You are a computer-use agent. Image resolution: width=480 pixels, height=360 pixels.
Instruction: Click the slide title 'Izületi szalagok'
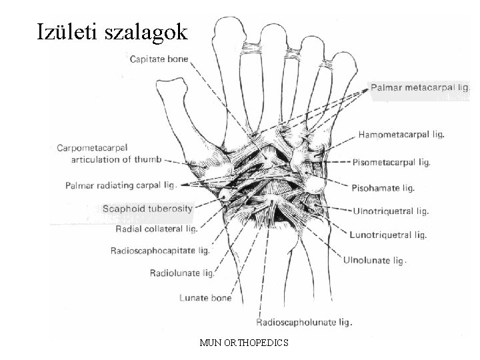pyautogui.click(x=113, y=31)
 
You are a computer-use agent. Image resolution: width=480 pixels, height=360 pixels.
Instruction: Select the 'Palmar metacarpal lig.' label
pyautogui.click(x=420, y=87)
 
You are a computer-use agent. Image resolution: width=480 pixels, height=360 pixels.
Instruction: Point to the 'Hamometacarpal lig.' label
pyautogui.click(x=402, y=134)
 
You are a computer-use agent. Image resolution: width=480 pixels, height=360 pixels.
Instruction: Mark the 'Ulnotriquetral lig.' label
pyautogui.click(x=391, y=211)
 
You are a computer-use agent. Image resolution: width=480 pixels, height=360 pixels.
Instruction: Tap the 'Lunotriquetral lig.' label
pyautogui.click(x=388, y=235)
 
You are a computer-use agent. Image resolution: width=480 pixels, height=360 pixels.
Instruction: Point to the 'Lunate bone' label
pyautogui.click(x=205, y=298)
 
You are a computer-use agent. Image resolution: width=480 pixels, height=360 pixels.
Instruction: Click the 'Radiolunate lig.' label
pyautogui.click(x=183, y=273)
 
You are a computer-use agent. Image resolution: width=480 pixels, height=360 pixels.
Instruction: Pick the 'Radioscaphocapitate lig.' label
pyautogui.click(x=160, y=251)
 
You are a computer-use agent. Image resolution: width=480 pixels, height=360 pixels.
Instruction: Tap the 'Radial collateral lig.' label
pyautogui.click(x=156, y=229)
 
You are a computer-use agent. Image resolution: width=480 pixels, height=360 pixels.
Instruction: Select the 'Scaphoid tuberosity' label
pyautogui.click(x=147, y=208)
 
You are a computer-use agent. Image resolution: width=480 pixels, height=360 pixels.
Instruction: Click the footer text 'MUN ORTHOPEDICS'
pyautogui.click(x=243, y=343)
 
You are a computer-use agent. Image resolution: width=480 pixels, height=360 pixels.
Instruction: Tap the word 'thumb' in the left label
pyautogui.click(x=149, y=159)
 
